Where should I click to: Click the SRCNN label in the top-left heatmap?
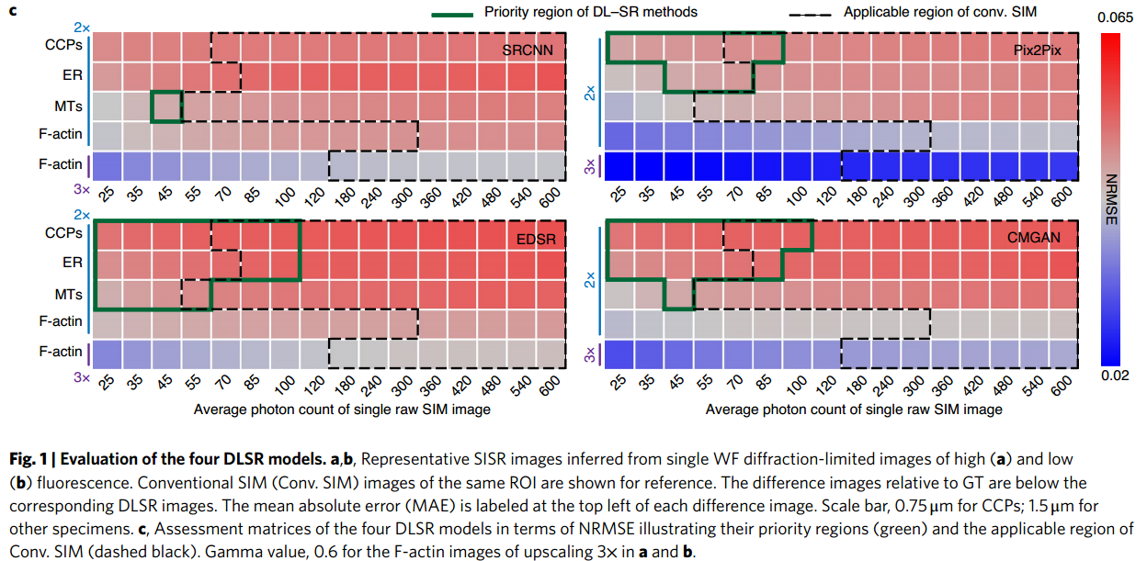(528, 50)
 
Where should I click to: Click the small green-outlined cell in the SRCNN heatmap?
(166, 107)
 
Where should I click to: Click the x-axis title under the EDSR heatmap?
(342, 410)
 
